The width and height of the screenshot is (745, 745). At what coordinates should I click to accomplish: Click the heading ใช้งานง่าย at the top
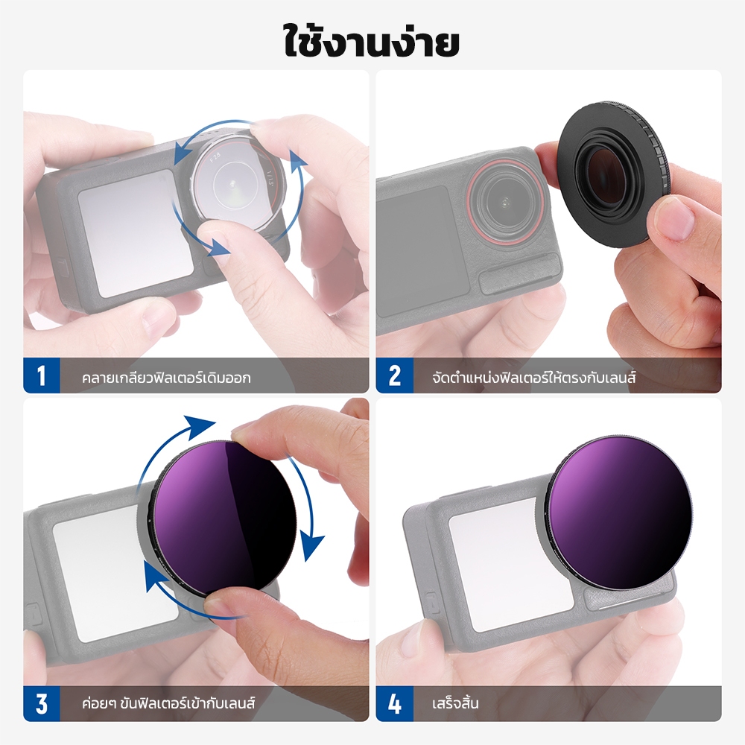coord(372,41)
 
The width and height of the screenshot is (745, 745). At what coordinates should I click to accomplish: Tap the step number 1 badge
coord(42,375)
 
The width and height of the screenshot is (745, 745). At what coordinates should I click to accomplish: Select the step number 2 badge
coord(394,375)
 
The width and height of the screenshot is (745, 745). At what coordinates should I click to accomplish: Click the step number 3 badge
coord(42,704)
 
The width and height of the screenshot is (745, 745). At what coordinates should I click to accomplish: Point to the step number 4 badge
coord(394,704)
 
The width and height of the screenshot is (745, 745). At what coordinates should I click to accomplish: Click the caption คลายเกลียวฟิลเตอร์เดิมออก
coord(166,378)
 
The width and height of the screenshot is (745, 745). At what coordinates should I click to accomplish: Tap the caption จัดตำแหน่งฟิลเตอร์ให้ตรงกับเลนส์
coord(533,378)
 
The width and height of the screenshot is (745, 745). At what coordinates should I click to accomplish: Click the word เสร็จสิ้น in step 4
coord(454,703)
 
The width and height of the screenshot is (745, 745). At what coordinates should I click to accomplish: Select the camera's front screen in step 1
coord(136,232)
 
